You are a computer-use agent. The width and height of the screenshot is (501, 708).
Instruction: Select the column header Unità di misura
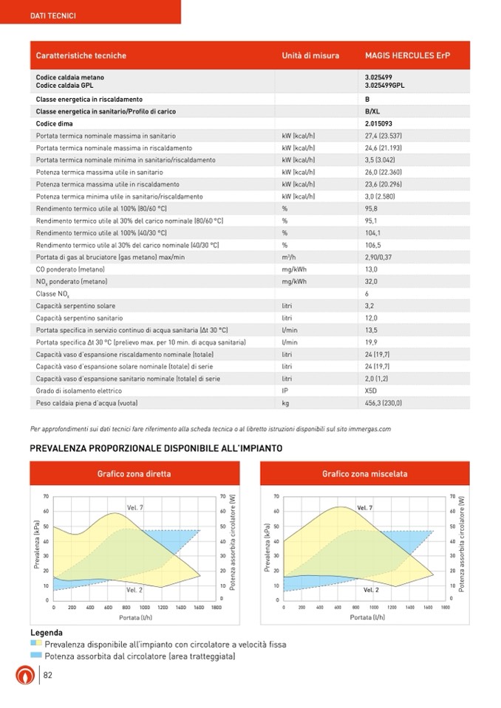[x=310, y=55]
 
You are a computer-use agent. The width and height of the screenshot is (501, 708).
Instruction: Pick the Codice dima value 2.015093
[x=378, y=123]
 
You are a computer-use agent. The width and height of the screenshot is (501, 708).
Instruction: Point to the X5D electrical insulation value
[x=371, y=391]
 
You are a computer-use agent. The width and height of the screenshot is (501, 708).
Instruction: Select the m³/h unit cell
[x=288, y=256]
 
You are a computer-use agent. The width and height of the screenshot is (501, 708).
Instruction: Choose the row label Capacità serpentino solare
[x=75, y=305]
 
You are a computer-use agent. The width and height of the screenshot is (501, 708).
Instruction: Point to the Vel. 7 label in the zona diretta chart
[x=135, y=507]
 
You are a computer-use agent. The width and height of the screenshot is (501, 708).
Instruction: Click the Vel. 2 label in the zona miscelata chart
[x=370, y=590]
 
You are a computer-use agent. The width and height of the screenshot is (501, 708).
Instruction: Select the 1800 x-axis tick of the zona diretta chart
[x=216, y=607]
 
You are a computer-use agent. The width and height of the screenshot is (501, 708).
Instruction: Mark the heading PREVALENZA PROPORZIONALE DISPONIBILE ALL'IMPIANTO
[x=155, y=448]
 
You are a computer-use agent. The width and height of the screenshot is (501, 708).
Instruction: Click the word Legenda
[x=47, y=633]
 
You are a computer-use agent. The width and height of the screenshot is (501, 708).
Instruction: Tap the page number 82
[x=47, y=675]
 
